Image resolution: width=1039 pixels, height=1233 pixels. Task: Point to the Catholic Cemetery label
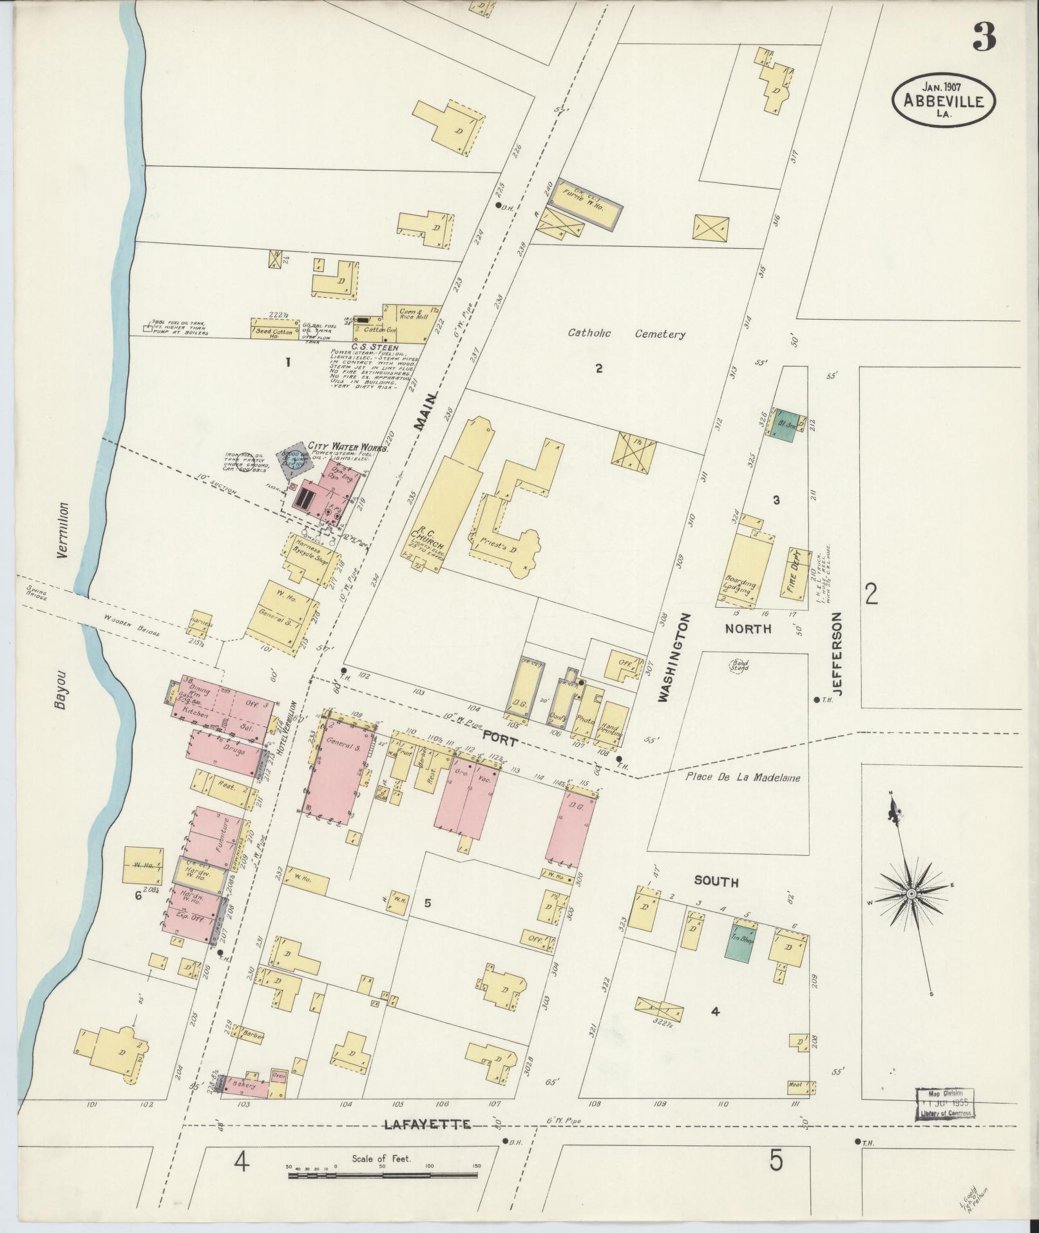tap(626, 334)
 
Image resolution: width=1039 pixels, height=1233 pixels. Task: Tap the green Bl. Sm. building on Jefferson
tap(784, 425)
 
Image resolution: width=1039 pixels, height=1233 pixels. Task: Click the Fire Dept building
tap(797, 572)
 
